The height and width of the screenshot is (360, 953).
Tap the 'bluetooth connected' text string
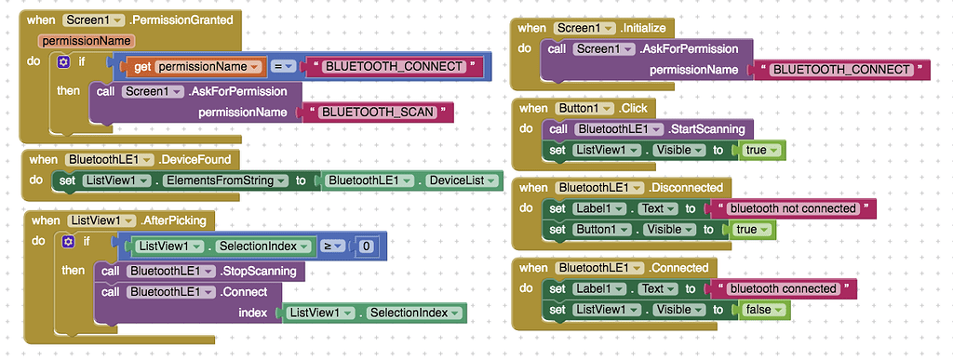click(x=784, y=289)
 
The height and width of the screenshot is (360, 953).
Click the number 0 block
click(x=367, y=247)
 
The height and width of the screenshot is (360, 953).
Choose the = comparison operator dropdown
click(x=284, y=67)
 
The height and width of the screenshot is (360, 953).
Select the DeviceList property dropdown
click(x=459, y=180)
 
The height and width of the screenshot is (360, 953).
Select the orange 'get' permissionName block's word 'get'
click(x=142, y=67)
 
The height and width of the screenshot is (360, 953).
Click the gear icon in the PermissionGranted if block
click(x=63, y=61)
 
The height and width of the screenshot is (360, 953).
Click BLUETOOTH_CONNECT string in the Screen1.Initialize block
click(x=841, y=70)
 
